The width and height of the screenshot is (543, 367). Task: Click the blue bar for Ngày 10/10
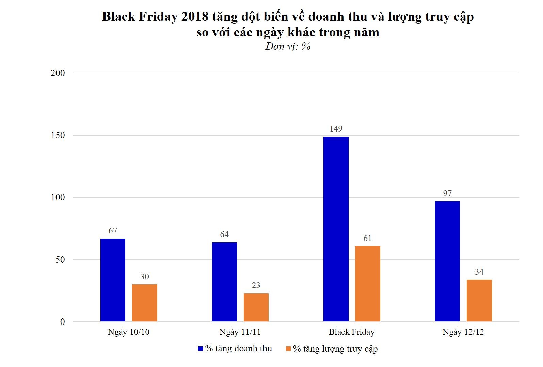pyautogui.click(x=113, y=280)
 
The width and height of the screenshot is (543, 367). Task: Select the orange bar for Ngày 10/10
pyautogui.click(x=145, y=303)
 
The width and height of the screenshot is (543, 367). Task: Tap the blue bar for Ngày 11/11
pyautogui.click(x=224, y=282)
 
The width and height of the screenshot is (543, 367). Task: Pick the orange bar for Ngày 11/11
pyautogui.click(x=256, y=307)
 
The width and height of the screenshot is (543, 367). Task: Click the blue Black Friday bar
pyautogui.click(x=336, y=229)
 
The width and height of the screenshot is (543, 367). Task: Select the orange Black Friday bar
pyautogui.click(x=368, y=284)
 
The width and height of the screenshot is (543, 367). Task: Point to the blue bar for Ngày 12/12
pyautogui.click(x=447, y=261)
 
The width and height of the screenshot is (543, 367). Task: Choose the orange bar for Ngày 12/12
pyautogui.click(x=479, y=300)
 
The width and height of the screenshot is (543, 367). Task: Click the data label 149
pyautogui.click(x=336, y=129)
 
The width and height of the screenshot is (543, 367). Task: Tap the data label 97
pyautogui.click(x=447, y=193)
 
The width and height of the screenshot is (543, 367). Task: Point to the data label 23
pyautogui.click(x=256, y=285)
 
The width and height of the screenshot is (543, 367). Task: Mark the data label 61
pyautogui.click(x=368, y=238)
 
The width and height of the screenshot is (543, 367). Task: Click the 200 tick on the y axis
pyautogui.click(x=58, y=73)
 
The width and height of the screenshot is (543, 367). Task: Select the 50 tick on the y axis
pyautogui.click(x=60, y=260)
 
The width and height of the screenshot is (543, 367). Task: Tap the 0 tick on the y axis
pyautogui.click(x=62, y=322)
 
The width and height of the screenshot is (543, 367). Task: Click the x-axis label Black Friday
pyautogui.click(x=352, y=332)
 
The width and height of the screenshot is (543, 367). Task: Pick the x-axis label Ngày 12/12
pyautogui.click(x=463, y=332)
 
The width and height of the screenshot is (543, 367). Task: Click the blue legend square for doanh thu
pyautogui.click(x=201, y=349)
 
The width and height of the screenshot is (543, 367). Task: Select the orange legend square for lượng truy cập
pyautogui.click(x=288, y=349)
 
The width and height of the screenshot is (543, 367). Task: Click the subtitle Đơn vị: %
pyautogui.click(x=288, y=46)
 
